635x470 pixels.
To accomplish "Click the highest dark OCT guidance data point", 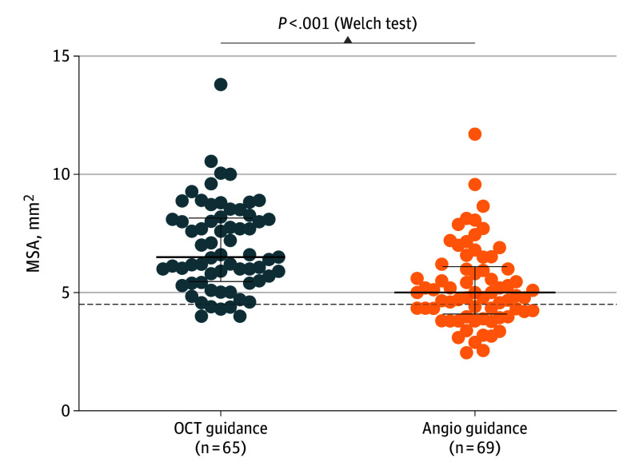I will point(221,85).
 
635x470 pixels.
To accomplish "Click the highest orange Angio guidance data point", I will point(475,134).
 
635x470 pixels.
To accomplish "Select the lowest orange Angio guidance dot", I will point(466,352).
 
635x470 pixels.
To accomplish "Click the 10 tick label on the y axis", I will point(62,174).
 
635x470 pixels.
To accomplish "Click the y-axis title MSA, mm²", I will point(34,232).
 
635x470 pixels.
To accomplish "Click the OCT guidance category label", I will point(222,429).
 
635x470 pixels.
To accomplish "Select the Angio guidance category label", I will point(475,429).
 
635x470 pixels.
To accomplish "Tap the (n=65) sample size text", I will point(222,448).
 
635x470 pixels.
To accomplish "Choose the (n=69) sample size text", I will point(475,448).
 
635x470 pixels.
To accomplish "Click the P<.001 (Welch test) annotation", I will point(347,23).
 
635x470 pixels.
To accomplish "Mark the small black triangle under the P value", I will point(348,39).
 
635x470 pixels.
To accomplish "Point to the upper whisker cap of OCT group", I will point(222,217).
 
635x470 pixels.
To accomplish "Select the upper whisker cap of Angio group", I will point(475,266).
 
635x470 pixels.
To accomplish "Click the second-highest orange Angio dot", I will point(475,185).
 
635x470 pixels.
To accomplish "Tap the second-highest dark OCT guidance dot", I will point(211,161).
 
